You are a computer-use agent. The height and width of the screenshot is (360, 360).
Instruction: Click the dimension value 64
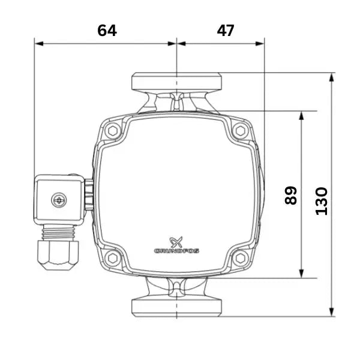(x=107, y=31)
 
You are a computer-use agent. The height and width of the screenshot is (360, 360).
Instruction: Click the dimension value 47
(x=226, y=31)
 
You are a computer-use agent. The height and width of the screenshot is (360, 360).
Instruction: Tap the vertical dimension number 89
(x=290, y=196)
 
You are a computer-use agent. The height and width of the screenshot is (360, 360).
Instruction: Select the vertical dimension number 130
(x=322, y=202)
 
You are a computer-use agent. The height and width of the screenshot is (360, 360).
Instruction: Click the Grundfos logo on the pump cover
(x=176, y=245)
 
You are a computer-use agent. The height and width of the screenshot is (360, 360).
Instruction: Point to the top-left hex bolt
(x=113, y=131)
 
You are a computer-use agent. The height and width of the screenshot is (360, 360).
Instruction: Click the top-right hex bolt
(x=241, y=131)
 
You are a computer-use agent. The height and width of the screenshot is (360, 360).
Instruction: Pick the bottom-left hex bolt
(x=113, y=258)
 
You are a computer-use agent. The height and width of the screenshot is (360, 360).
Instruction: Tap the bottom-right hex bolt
(x=241, y=258)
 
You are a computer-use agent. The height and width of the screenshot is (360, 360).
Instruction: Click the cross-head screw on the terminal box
(x=59, y=200)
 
